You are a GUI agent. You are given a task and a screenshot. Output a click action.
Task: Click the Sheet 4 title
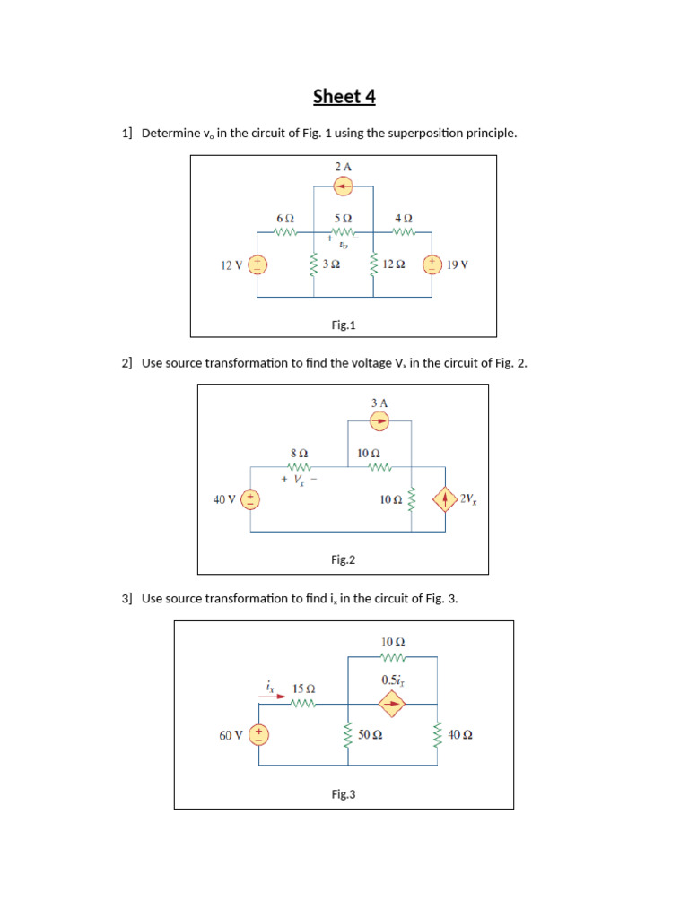coord(344,96)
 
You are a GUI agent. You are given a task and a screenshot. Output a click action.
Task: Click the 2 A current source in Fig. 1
coord(343,186)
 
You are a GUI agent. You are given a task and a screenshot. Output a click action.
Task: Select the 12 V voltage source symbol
coord(257,264)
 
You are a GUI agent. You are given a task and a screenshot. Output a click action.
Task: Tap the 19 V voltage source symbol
coord(432,264)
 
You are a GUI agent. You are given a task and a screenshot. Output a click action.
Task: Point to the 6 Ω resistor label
coord(284,218)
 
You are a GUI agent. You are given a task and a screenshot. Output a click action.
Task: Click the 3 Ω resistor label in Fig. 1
coord(331,264)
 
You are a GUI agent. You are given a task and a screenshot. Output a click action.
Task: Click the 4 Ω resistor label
coord(404,218)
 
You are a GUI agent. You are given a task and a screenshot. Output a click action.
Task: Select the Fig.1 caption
coord(343,325)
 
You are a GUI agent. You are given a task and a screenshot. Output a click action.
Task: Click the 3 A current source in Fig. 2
coord(379,420)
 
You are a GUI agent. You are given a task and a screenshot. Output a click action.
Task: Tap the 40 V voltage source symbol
coord(251,499)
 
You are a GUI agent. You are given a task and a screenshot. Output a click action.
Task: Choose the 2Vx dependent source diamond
coord(444,499)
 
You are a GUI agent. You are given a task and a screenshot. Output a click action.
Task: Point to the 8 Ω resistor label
coord(299,454)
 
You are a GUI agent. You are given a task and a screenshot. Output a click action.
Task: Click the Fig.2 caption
coord(343,559)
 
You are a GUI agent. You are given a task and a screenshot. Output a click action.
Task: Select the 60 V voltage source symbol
coord(259,735)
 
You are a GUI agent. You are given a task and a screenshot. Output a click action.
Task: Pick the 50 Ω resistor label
coord(371,735)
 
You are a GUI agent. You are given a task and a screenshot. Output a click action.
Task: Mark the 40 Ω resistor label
coord(459,735)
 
